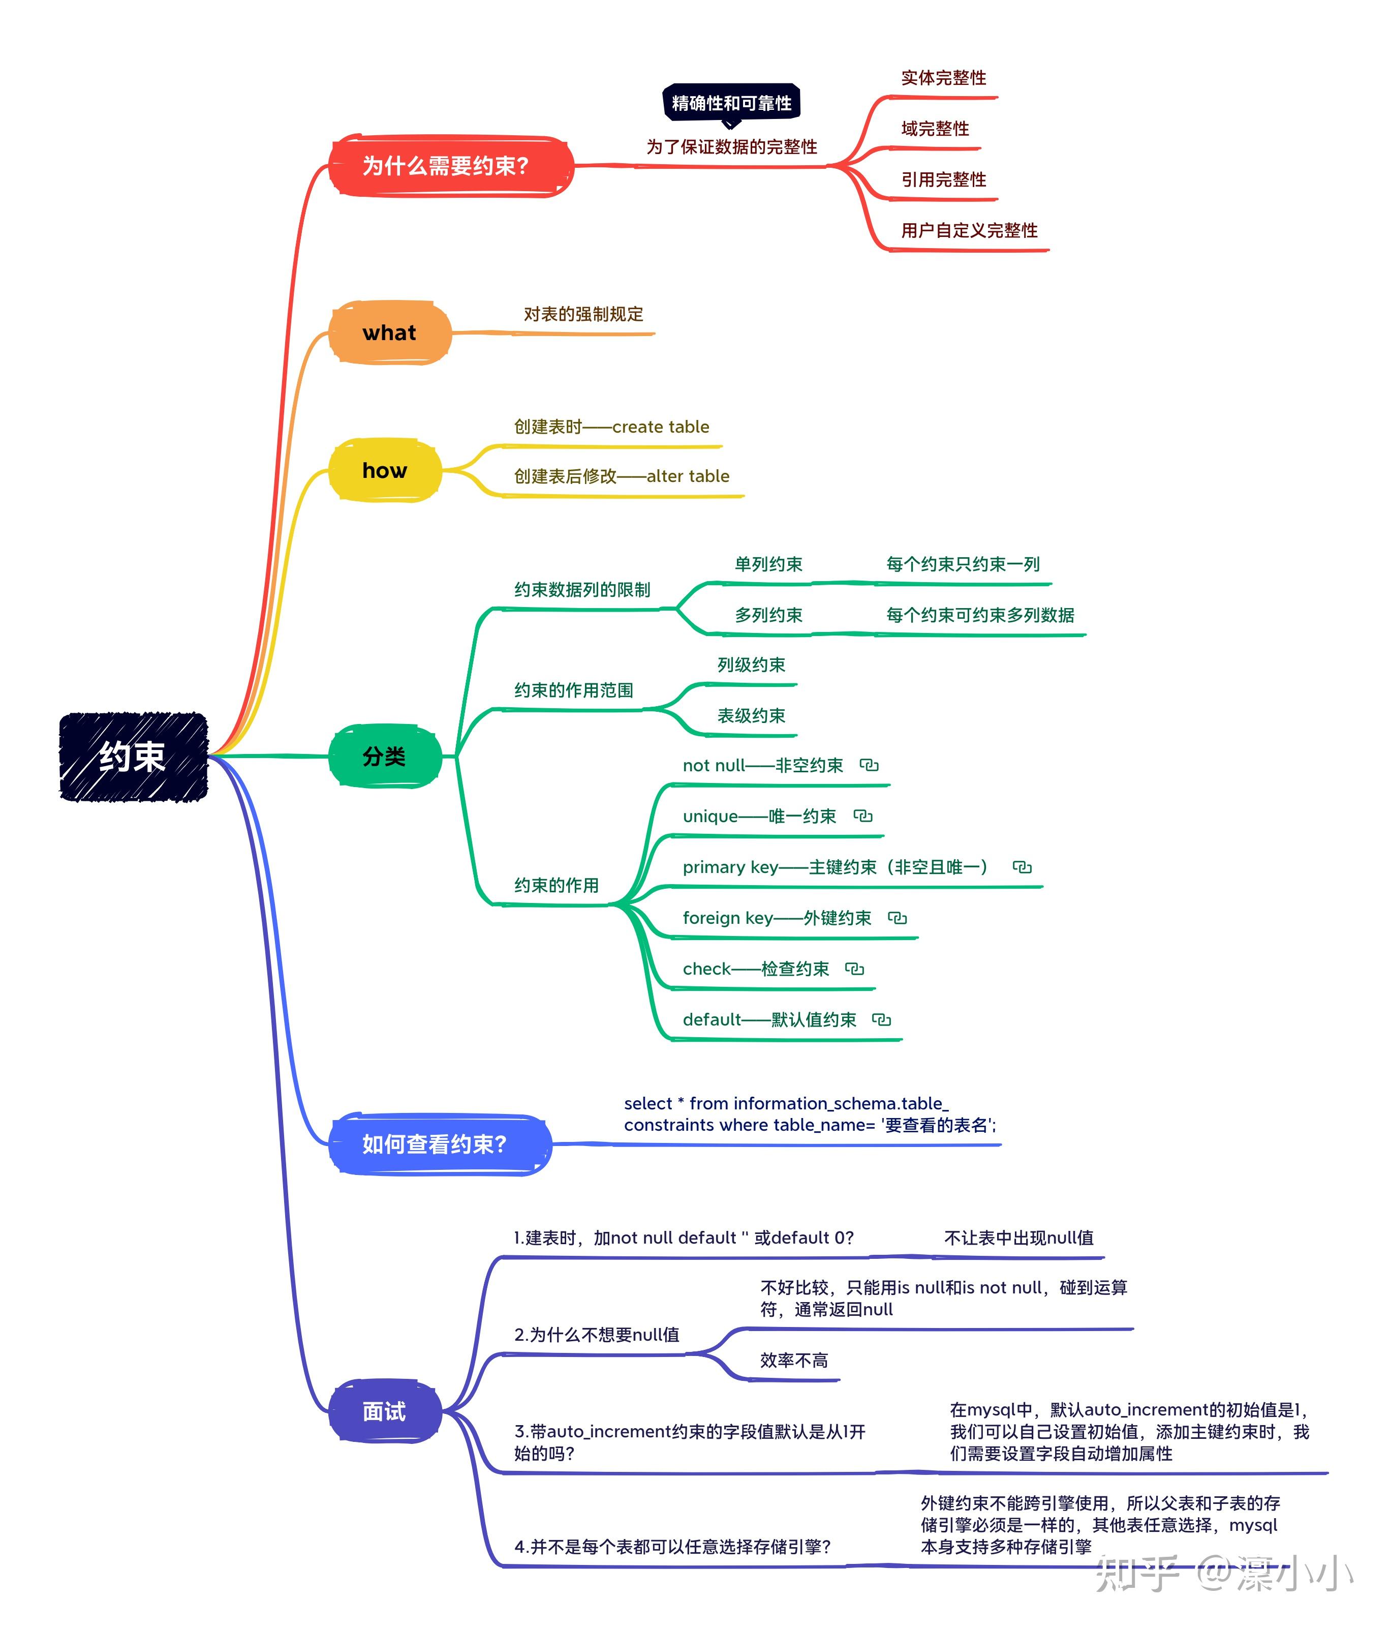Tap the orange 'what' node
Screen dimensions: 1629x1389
point(389,333)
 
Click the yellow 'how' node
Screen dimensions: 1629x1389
point(384,470)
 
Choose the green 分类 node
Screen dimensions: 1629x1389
point(384,757)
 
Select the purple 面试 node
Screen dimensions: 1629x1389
point(384,1411)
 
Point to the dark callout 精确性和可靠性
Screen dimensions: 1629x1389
point(731,103)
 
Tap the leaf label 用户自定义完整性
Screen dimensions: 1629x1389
point(969,230)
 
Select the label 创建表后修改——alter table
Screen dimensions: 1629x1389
point(621,476)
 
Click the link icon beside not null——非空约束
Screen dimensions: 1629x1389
point(869,765)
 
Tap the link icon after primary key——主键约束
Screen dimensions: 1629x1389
point(1022,867)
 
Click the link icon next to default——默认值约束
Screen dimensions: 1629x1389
point(881,1020)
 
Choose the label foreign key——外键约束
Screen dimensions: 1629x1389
point(777,918)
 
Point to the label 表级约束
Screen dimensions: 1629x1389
point(751,715)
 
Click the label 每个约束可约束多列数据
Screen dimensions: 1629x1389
point(979,615)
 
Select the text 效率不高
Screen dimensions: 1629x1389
point(793,1360)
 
